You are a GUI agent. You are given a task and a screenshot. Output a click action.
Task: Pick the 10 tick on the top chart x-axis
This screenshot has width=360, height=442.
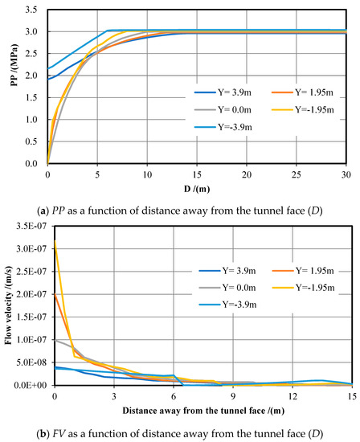[148, 174]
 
